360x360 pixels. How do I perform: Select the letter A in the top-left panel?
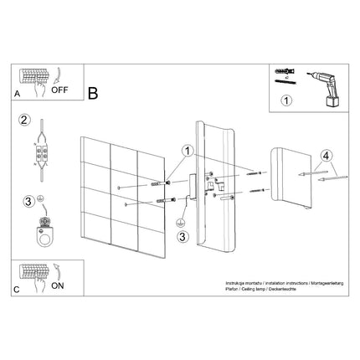tap(18, 95)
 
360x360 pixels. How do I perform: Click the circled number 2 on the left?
tap(24, 119)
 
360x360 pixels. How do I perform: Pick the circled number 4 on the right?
tap(326, 154)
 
